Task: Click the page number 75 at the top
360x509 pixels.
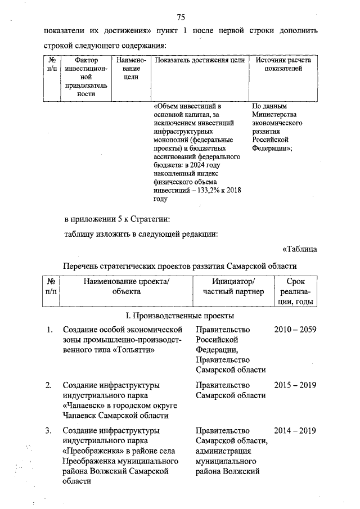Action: tap(181, 15)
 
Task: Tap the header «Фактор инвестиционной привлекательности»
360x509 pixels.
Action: tap(86, 76)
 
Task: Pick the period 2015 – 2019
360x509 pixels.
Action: tap(295, 385)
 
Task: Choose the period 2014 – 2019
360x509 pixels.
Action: tap(295, 431)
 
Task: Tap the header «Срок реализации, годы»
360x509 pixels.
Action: tap(296, 291)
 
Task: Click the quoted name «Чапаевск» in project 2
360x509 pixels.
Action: tap(83, 406)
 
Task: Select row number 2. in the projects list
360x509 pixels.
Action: tap(49, 385)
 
